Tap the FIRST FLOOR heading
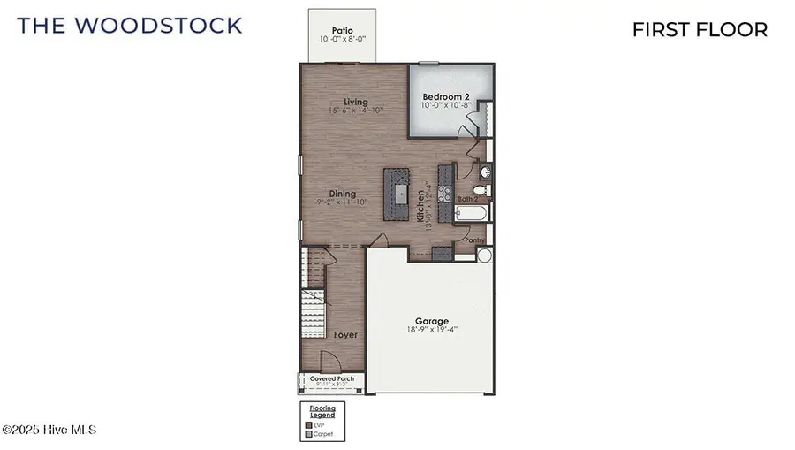700,29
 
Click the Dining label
342,194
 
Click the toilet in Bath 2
480,190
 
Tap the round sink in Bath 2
485,172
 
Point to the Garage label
432,321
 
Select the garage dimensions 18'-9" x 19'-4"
432,332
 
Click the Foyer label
345,335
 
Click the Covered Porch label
332,378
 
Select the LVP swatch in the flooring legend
308,425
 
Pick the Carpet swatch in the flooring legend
308,434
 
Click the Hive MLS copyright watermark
49,431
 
